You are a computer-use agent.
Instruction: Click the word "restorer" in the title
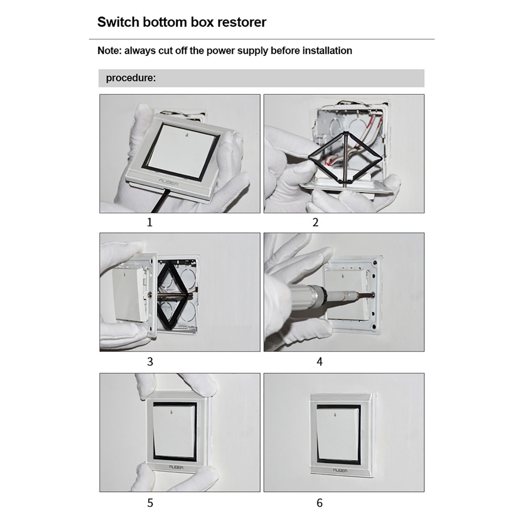coord(242,22)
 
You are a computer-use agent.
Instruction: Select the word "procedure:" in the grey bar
coord(131,78)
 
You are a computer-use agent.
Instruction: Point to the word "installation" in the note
coord(327,51)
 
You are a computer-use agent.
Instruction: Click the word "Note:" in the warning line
coord(109,51)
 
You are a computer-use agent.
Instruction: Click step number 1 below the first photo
coord(150,222)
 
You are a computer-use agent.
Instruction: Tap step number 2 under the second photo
coord(315,222)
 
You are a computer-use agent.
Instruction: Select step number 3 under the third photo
coord(150,361)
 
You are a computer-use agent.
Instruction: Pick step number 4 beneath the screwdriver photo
coord(320,361)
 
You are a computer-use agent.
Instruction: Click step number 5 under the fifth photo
coord(150,503)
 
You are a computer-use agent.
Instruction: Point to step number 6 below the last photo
coord(320,503)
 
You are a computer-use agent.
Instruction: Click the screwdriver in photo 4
coord(337,293)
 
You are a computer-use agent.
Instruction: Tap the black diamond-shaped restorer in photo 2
coord(345,158)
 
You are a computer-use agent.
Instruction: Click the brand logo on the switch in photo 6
coord(340,470)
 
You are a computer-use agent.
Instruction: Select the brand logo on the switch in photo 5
coord(176,467)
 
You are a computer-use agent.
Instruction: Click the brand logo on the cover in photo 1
coord(168,183)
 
